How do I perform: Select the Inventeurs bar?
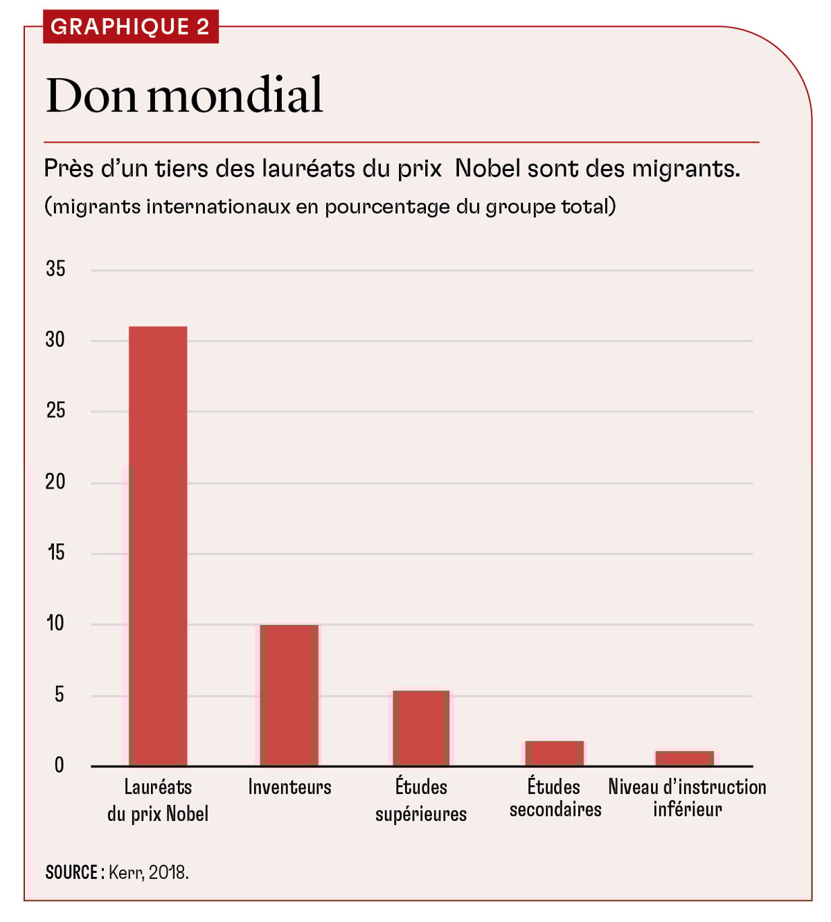[x=289, y=695]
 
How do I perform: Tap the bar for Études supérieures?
[x=421, y=727]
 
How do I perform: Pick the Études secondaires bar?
[x=554, y=753]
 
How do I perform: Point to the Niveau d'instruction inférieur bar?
[x=684, y=758]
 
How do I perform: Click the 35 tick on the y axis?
[x=55, y=269]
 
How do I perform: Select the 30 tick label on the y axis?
[x=55, y=340]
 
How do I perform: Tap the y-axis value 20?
[x=55, y=482]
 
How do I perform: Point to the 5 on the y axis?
[x=59, y=694]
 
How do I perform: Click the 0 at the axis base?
[x=59, y=765]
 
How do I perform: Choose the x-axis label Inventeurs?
[x=289, y=788]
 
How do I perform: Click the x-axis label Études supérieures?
[x=421, y=800]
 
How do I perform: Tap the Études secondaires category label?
[x=555, y=798]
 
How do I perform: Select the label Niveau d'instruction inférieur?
[x=687, y=798]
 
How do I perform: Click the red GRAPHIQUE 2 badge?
[x=130, y=27]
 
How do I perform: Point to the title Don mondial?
[x=184, y=96]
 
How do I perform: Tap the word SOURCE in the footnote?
[x=71, y=872]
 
